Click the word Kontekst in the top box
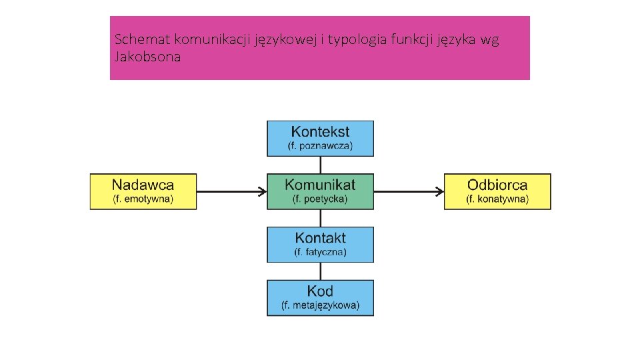320,131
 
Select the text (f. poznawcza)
320,145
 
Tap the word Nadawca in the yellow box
143,185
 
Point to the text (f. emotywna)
143,199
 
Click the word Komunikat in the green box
320,184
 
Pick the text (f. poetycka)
320,199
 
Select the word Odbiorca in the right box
497,185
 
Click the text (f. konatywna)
497,199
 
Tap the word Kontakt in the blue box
320,237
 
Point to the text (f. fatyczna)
320,252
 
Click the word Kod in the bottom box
320,291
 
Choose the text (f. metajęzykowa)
320,305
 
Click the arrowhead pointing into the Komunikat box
263,192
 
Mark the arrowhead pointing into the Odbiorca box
440,192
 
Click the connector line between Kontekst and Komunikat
321,165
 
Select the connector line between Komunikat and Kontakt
321,218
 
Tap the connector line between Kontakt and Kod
321,271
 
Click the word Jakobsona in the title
147,57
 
